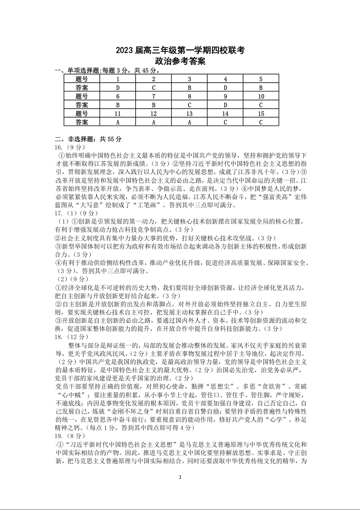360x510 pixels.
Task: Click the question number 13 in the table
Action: click(189, 114)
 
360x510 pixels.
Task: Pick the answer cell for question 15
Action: click(261, 122)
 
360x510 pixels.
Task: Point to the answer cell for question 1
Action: click(118, 88)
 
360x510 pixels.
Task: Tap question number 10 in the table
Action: click(261, 96)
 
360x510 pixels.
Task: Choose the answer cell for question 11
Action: click(118, 122)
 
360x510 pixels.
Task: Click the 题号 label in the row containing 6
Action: click(82, 96)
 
